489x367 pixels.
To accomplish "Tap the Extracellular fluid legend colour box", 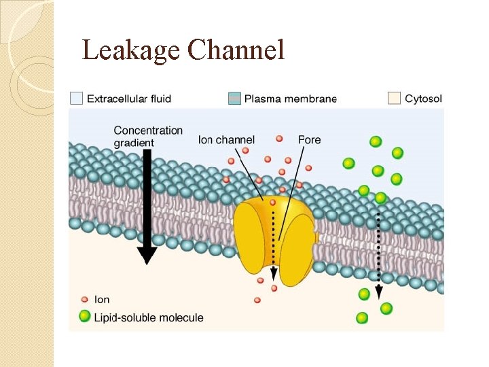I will click(x=77, y=99).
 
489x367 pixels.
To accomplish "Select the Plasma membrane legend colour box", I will click(x=234, y=99).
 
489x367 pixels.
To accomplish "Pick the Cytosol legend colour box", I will click(x=394, y=99).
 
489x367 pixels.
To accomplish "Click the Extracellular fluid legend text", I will click(x=129, y=99).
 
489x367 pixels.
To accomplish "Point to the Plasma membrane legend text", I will click(x=291, y=99).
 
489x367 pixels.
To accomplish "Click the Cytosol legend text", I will click(x=423, y=99).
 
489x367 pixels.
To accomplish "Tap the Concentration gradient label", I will click(x=148, y=137).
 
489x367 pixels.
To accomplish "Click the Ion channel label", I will click(x=225, y=140).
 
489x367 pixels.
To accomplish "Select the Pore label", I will click(x=309, y=140).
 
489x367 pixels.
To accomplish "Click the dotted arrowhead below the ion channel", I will click(x=274, y=275).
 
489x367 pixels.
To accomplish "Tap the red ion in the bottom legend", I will click(x=84, y=299).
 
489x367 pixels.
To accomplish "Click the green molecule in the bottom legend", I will click(x=85, y=317).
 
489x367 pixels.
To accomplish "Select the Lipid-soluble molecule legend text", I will click(x=149, y=317).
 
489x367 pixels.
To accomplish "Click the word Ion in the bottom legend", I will click(x=102, y=299).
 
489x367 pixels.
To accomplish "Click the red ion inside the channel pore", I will click(x=273, y=202).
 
